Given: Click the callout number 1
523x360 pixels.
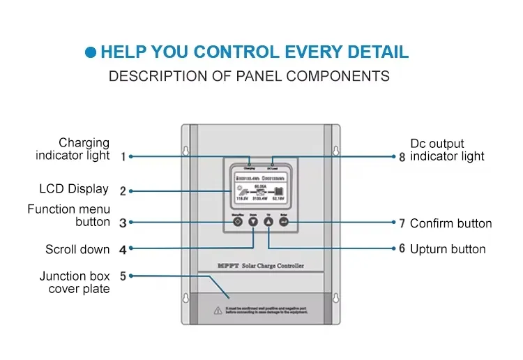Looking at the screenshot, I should coord(123,157).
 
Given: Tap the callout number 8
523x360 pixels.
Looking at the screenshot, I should coord(402,157).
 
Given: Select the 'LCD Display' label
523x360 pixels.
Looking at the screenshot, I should coord(74,189).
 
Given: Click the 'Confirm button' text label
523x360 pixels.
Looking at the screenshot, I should coord(450,224).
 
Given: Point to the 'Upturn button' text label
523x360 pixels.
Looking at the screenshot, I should coord(448,249).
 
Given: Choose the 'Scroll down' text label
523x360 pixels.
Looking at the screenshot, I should coord(77,249).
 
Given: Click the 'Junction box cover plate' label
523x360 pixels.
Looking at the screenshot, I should coord(74,283).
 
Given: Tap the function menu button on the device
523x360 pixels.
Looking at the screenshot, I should coord(238,222).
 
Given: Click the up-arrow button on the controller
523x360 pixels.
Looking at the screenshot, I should coord(268,222).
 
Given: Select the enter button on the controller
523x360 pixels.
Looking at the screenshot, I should coord(284,222).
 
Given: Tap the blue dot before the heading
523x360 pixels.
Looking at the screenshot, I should coord(90,52).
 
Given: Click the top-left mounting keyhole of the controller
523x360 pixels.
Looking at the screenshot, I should coord(186,151).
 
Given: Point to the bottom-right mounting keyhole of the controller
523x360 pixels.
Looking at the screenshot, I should coord(335,298).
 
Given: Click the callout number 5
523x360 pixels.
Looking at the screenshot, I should coord(123,276).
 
